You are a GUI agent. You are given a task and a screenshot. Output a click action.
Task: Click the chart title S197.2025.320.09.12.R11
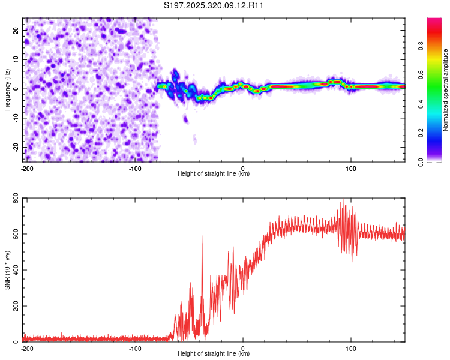214,5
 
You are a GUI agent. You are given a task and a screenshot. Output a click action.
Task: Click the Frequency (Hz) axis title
7,90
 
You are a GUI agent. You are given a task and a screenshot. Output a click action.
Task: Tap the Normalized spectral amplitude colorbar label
446,90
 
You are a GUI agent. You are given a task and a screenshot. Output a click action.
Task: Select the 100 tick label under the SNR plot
350,349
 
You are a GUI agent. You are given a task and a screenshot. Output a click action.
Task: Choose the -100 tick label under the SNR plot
135,349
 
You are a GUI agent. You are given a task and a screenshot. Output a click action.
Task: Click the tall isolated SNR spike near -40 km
202,237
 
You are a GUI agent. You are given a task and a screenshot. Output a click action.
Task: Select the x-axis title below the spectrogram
214,174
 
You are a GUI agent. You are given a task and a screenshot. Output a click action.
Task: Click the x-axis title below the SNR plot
214,354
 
